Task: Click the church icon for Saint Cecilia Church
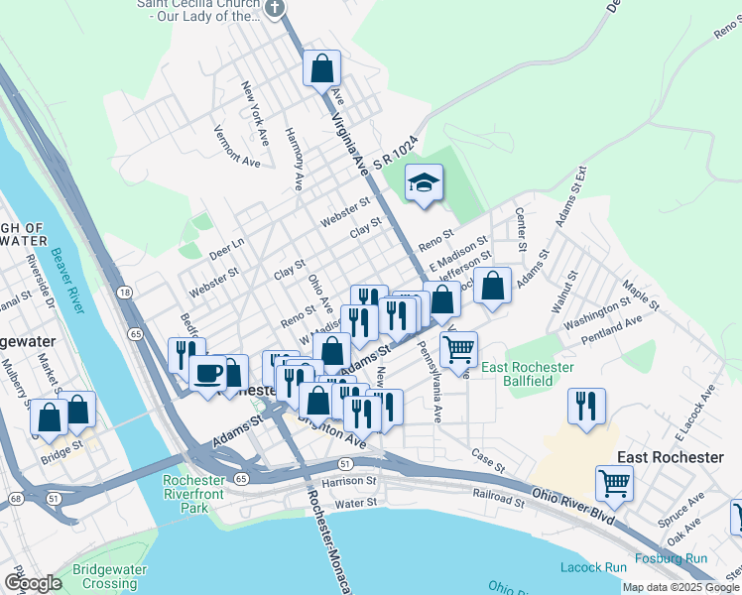275,8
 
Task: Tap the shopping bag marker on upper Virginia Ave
321,69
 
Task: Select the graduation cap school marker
424,183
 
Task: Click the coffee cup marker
208,373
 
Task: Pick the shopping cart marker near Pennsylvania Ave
458,349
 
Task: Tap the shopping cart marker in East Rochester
614,484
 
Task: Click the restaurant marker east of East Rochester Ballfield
586,406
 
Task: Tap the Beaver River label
68,280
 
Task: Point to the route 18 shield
124,292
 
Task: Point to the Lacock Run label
593,567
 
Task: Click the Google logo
33,583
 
